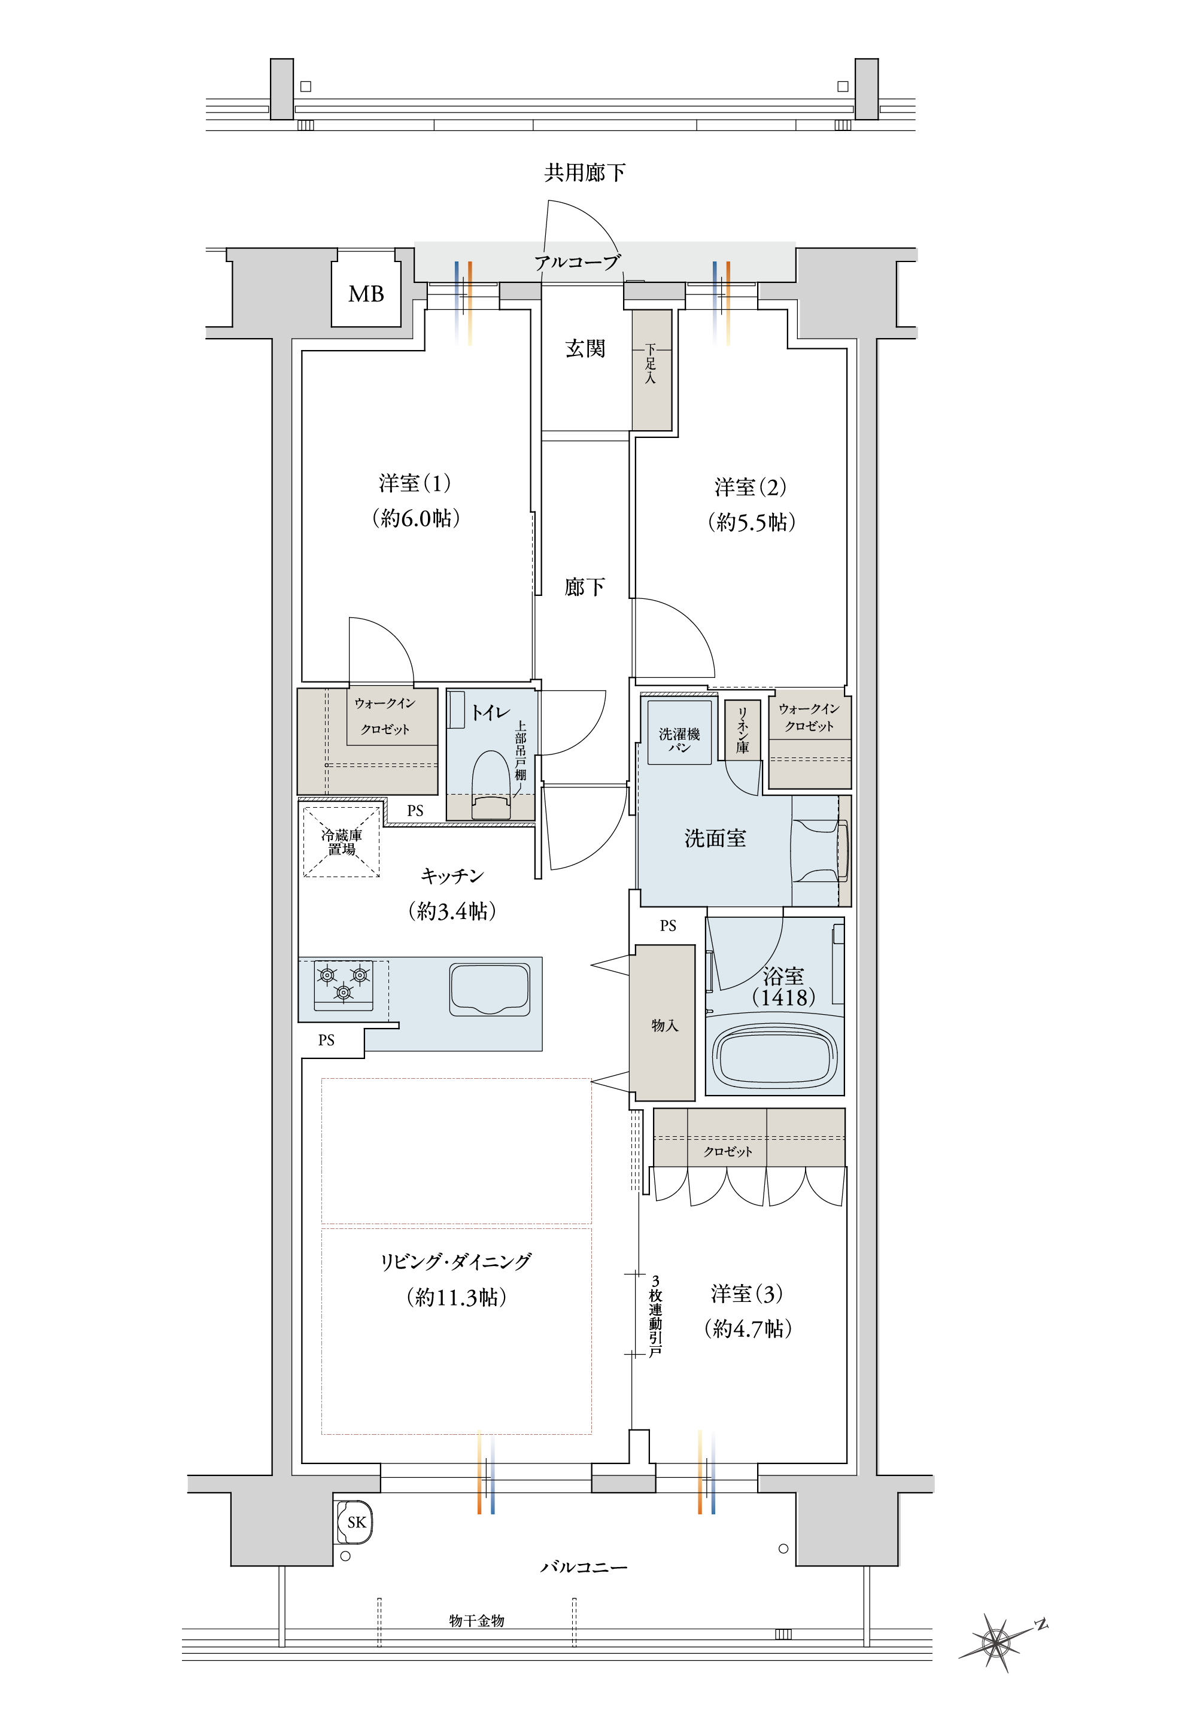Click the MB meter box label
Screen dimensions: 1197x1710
tap(366, 294)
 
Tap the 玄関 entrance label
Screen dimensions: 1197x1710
tap(585, 349)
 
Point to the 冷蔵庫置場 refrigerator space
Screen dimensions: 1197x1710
tap(341, 842)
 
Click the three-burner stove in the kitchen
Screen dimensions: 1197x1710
tap(344, 985)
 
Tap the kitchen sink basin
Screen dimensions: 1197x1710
tap(490, 989)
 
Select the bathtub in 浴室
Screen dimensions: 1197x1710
tap(774, 1055)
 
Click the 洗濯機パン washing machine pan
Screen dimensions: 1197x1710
tap(679, 732)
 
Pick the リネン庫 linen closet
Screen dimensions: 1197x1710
tap(743, 730)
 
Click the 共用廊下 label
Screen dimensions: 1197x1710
tap(585, 173)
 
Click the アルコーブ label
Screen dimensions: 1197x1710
tap(578, 262)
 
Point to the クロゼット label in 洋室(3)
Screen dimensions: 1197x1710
tap(728, 1151)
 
